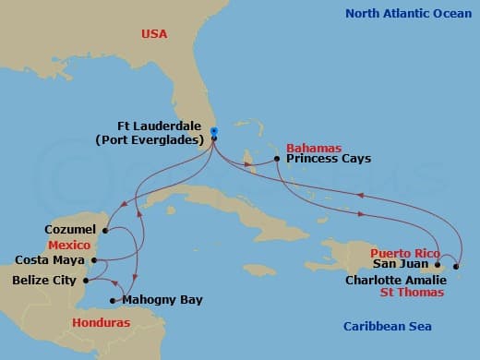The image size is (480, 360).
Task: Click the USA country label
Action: pos(154,34)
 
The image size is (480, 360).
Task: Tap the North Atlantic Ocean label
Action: pos(407,13)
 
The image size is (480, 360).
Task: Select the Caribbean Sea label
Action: pos(387,326)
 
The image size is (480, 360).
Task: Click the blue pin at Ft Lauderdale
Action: pos(213,132)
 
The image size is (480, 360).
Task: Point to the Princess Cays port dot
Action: pos(277,160)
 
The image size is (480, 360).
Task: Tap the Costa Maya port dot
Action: pos(97,260)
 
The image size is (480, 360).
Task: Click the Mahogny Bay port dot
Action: pos(113,300)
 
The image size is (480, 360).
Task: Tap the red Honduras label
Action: pos(102,322)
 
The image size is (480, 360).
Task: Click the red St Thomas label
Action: pos(413,292)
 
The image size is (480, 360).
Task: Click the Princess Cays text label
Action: pos(329,159)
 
